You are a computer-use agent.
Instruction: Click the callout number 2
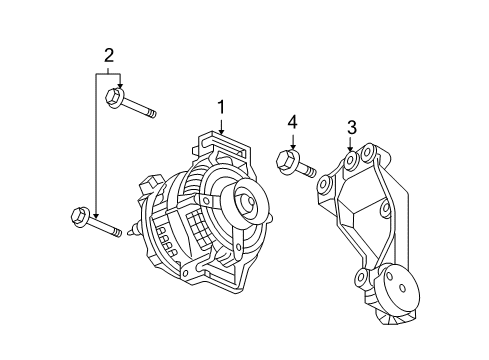point(108,54)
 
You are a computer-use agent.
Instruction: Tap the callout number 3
point(351,127)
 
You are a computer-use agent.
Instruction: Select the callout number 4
point(292,123)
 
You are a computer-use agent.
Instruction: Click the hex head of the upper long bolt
point(113,97)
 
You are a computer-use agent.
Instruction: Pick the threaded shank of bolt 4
point(306,168)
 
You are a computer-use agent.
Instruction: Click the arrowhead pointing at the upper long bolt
point(119,87)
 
